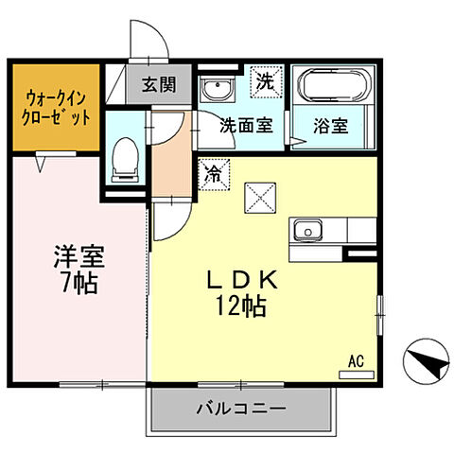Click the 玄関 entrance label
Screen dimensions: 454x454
click(x=160, y=84)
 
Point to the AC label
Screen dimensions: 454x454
click(x=356, y=359)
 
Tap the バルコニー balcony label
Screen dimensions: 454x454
click(x=241, y=410)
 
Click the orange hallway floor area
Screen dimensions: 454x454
click(x=171, y=159)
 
